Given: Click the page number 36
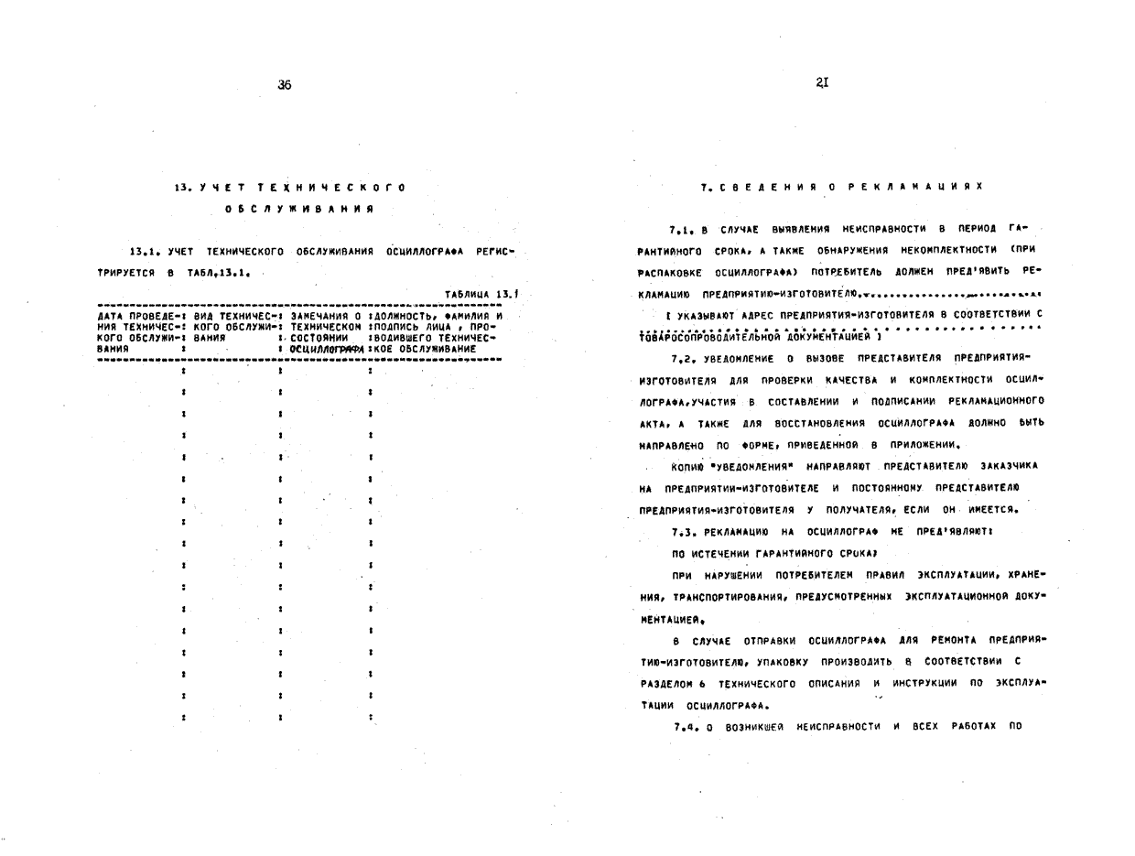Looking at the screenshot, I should click(x=284, y=85).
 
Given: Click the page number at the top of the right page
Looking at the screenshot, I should click(x=822, y=82).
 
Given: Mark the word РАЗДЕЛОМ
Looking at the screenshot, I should click(x=666, y=684).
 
